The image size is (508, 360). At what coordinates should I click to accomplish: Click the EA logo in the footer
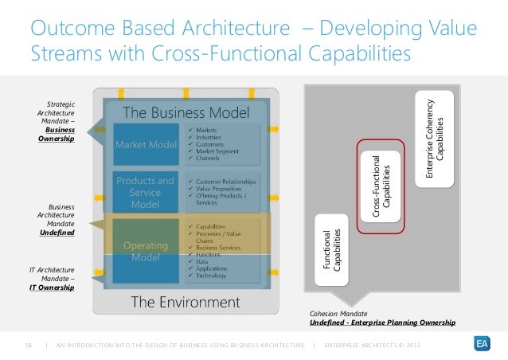[480, 344]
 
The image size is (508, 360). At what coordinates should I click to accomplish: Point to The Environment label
[185, 302]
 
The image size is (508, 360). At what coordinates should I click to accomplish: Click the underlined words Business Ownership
[56, 134]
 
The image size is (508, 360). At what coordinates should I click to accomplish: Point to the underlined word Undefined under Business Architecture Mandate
[57, 233]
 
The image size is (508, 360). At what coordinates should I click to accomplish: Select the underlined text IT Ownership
[52, 288]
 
